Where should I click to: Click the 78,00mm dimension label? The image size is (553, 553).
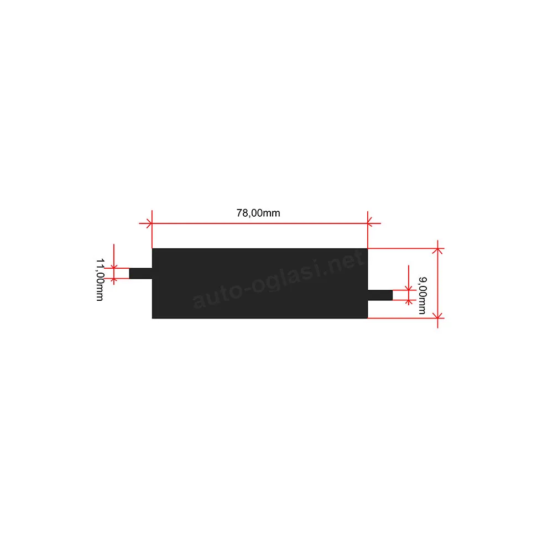[x=258, y=213]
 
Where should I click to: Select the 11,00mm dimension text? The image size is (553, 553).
[x=100, y=279]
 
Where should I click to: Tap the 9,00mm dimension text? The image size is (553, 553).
[x=422, y=295]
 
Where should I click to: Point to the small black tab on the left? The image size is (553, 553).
[x=140, y=273]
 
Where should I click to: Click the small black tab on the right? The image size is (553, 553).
[x=380, y=295]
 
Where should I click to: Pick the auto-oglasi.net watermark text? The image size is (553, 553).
[x=278, y=279]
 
